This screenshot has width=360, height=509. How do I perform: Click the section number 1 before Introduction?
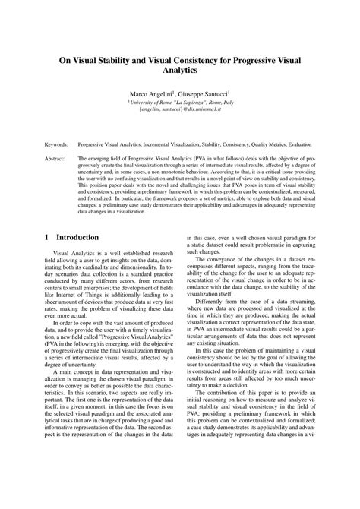48,236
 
